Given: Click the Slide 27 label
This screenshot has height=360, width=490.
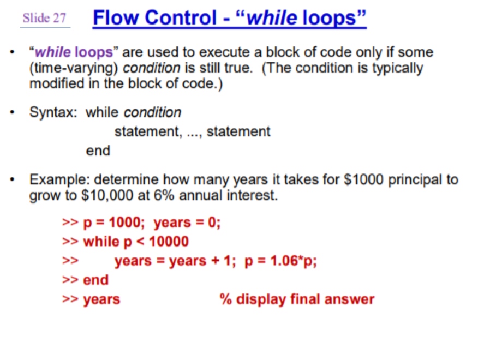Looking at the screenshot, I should point(45,18).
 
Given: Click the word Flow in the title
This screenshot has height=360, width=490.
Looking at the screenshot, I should point(113,18).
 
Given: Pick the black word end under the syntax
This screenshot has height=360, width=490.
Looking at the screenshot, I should point(98,151).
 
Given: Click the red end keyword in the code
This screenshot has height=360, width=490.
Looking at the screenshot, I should point(96,280).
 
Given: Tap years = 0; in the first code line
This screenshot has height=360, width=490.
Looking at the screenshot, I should point(187,223).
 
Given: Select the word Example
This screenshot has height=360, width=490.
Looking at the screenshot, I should point(59,179).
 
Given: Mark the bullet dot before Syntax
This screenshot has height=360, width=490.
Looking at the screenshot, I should point(11,113).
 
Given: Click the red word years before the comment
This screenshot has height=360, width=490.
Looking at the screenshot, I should point(101,299).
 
